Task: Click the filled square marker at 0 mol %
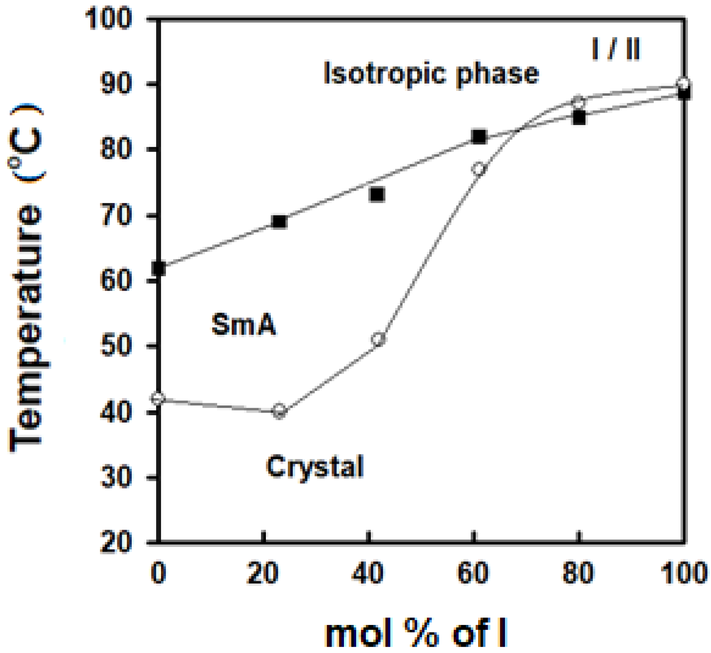point(159,268)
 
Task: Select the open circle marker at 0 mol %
point(158,398)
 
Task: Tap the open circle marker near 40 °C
point(280,411)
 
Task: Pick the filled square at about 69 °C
point(280,222)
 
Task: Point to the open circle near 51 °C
point(378,339)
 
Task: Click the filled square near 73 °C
point(377,194)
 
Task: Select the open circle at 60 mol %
point(479,169)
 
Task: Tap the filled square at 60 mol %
point(479,136)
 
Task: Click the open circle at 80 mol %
point(579,101)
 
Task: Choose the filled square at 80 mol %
point(579,118)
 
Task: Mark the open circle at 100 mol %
point(683,84)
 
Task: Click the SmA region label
point(244,324)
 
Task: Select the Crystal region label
point(315,467)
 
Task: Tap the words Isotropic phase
point(431,74)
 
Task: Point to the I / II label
point(616,50)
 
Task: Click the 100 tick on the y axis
point(108,19)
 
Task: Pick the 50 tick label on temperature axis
point(116,346)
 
